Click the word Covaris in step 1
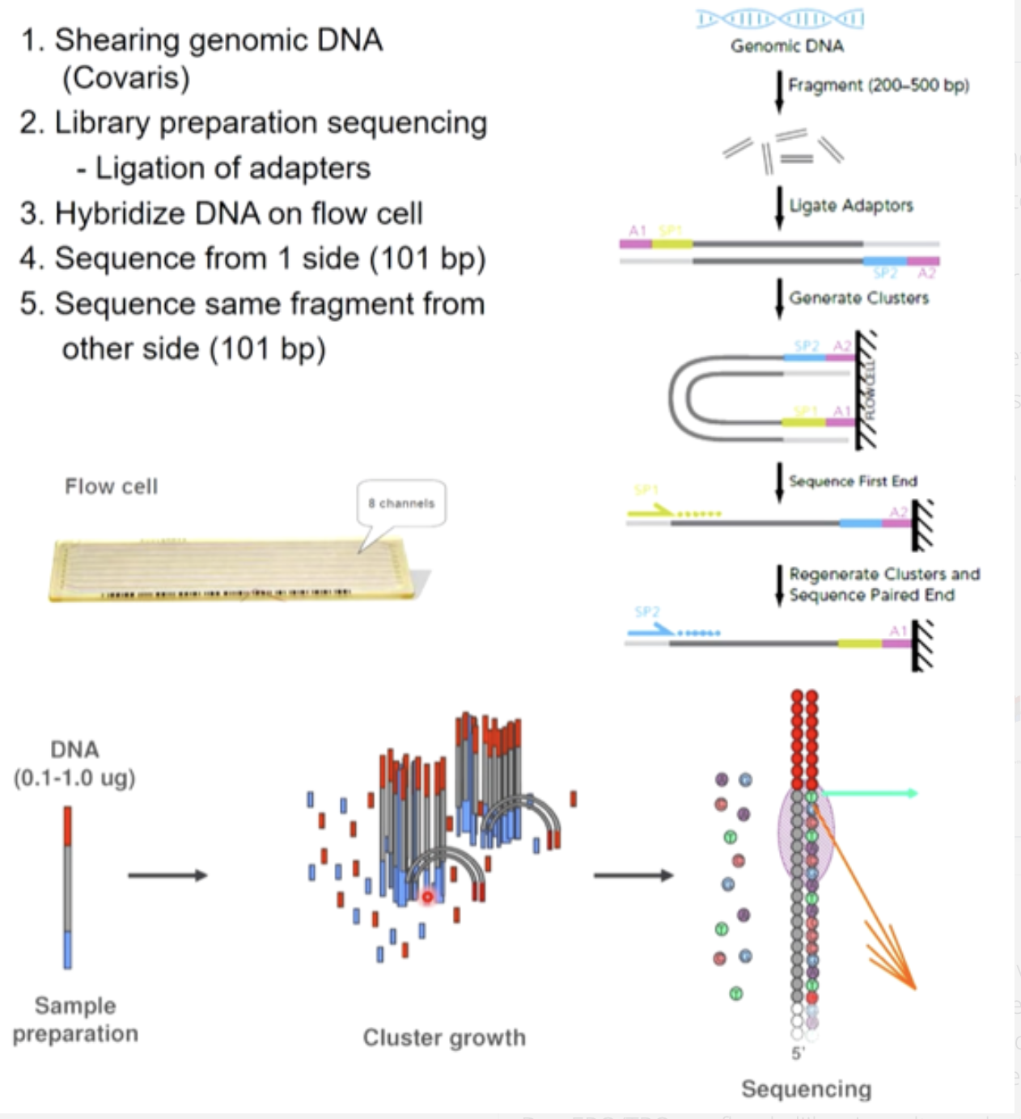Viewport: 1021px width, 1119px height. pyautogui.click(x=126, y=78)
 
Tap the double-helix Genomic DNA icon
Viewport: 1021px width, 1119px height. pyautogui.click(x=781, y=19)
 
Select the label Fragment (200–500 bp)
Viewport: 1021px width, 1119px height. pyautogui.click(x=879, y=85)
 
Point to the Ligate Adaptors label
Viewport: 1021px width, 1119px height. pyautogui.click(x=851, y=205)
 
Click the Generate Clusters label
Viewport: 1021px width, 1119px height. pyautogui.click(x=859, y=298)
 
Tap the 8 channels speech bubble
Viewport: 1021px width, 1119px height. pyautogui.click(x=401, y=503)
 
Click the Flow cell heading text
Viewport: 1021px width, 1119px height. pyautogui.click(x=112, y=487)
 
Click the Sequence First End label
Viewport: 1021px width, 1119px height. pyautogui.click(x=853, y=481)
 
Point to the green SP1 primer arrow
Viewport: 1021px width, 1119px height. pyautogui.click(x=651, y=510)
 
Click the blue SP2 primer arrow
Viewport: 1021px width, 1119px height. pyautogui.click(x=653, y=628)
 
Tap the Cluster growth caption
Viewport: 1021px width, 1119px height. pyautogui.click(x=443, y=1037)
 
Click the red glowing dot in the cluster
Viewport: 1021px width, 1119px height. pyautogui.click(x=428, y=897)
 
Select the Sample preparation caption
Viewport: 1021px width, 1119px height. pyautogui.click(x=75, y=1020)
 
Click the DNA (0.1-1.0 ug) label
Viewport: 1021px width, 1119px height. pyautogui.click(x=74, y=763)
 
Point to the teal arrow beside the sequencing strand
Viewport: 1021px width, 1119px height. pyautogui.click(x=869, y=793)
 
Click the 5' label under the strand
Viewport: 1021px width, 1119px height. pyautogui.click(x=798, y=1053)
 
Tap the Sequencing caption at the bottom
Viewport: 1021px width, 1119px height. pyautogui.click(x=806, y=1089)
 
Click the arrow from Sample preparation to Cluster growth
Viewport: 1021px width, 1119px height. pyautogui.click(x=167, y=875)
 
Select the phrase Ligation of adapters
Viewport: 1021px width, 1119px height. pyautogui.click(x=233, y=168)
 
